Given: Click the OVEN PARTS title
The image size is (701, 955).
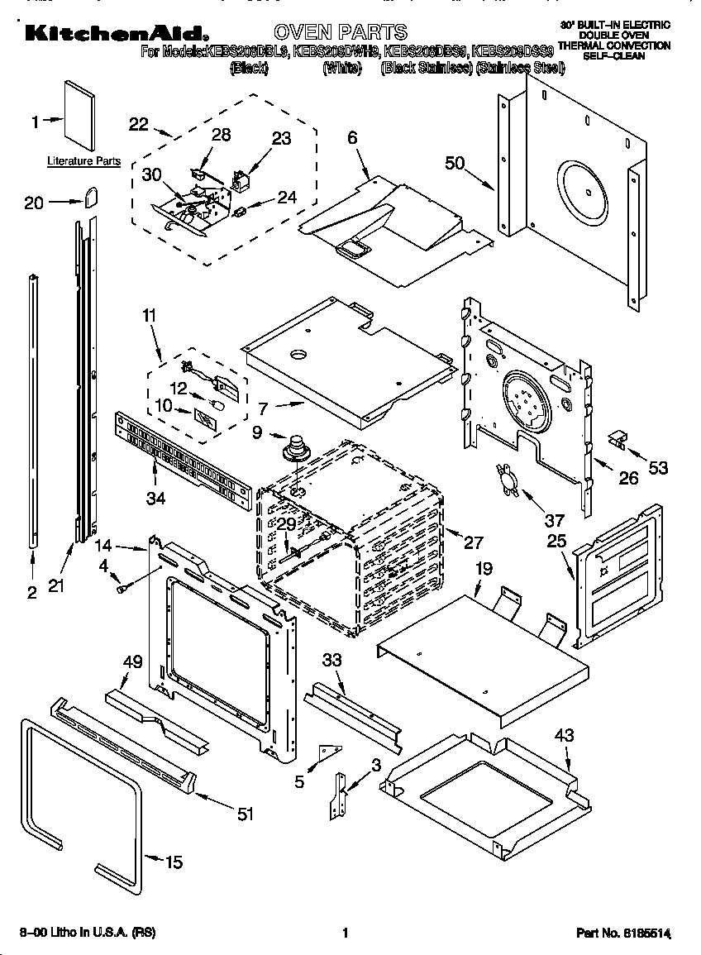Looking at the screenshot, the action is [x=340, y=32].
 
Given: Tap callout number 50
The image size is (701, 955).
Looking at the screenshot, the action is [x=455, y=163].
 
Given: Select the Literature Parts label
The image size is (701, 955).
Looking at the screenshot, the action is [x=83, y=161].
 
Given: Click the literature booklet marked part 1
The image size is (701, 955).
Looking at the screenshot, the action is [x=79, y=116].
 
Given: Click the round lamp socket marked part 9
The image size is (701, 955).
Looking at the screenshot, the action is [x=293, y=451].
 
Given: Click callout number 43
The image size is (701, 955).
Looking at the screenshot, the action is [x=565, y=735].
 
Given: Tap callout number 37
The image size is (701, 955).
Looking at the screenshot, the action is [x=554, y=520].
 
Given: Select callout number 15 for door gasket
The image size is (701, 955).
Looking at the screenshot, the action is [x=174, y=862].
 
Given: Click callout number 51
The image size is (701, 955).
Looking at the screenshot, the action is [x=245, y=814].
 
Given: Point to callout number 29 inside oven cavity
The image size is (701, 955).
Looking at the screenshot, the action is [x=285, y=524].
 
